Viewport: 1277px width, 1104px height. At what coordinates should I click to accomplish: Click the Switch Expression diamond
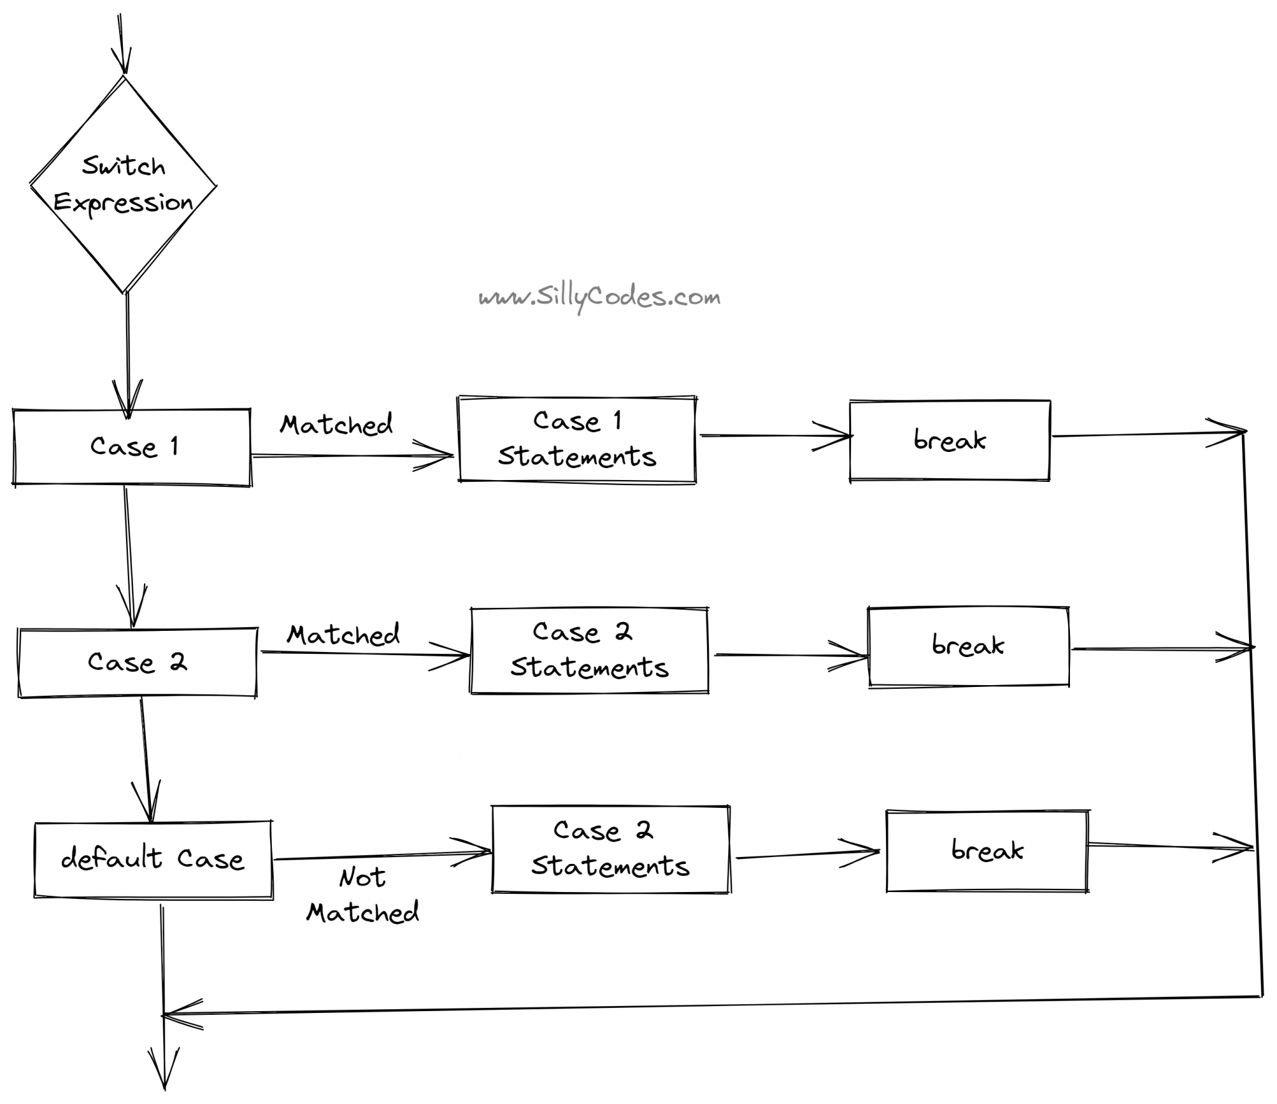pos(123,185)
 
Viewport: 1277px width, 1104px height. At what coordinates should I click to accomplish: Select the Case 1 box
pos(132,447)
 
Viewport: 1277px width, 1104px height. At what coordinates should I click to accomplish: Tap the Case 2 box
pos(137,662)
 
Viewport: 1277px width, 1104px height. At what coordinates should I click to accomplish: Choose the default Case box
pos(153,860)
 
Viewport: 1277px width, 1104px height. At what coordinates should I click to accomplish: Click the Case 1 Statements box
pos(577,439)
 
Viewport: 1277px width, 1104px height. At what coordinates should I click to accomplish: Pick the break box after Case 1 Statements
pos(950,441)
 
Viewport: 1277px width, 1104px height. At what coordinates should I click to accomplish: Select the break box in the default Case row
pos(988,851)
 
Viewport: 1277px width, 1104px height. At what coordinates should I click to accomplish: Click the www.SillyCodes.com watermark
pos(599,298)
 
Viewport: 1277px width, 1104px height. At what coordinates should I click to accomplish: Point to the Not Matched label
pos(363,895)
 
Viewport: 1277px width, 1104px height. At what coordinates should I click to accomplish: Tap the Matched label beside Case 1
pos(337,425)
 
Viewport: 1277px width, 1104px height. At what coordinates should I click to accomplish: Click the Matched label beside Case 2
pos(344,635)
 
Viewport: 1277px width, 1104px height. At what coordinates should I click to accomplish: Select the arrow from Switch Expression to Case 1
pos(127,355)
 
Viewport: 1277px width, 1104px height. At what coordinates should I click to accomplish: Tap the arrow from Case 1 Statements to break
pos(776,435)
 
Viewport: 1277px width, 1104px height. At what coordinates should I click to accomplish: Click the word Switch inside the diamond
pos(123,166)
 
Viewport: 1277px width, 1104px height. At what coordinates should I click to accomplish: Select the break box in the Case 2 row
pos(969,646)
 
